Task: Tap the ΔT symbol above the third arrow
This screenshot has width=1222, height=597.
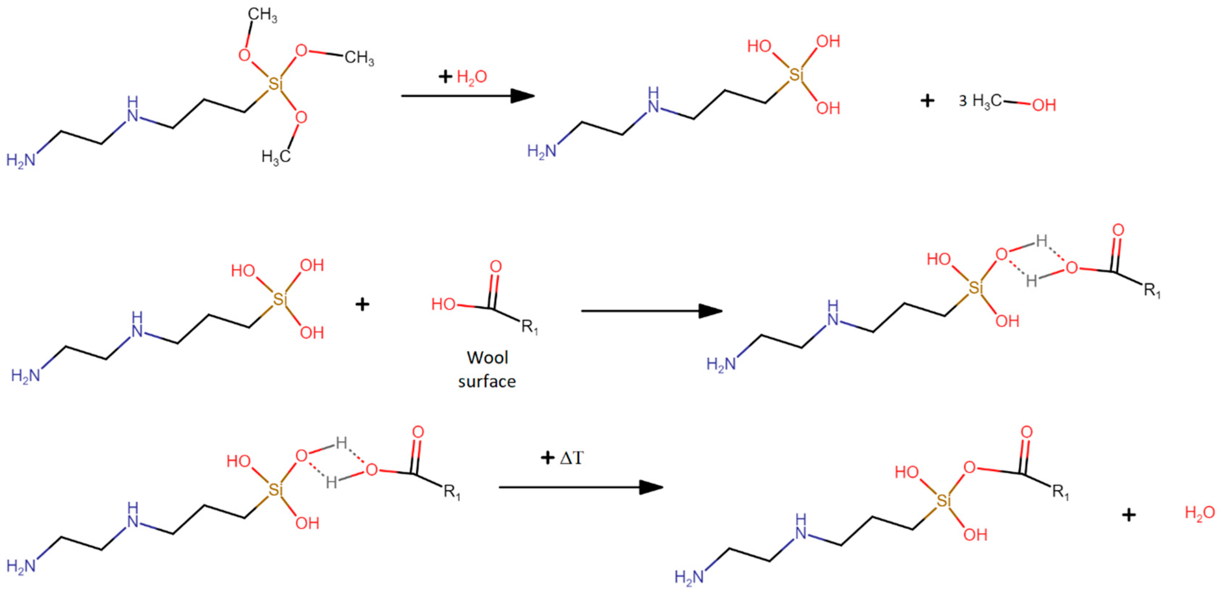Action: click(571, 458)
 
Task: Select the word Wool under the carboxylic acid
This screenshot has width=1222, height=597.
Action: click(487, 357)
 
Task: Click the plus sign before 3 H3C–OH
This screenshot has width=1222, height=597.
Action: click(927, 101)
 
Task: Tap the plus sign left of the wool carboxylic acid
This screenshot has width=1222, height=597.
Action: click(362, 304)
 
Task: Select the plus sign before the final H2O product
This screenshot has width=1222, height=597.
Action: click(1129, 515)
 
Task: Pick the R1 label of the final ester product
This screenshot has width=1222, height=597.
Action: click(1061, 493)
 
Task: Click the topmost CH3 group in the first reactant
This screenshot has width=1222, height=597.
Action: click(262, 16)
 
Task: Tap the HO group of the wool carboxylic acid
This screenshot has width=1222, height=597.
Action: click(443, 304)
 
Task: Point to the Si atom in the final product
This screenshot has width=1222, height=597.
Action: click(943, 501)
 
